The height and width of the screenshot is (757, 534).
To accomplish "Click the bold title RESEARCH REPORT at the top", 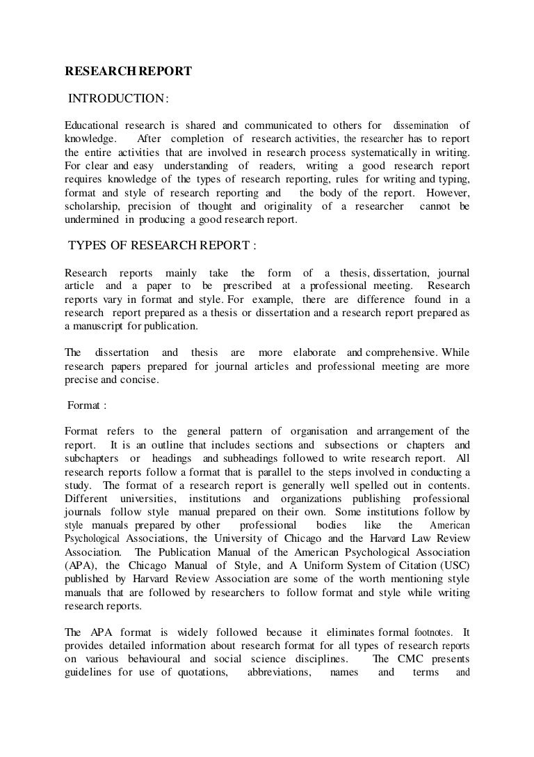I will coord(128,70).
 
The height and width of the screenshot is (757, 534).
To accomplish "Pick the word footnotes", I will coord(432,632).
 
